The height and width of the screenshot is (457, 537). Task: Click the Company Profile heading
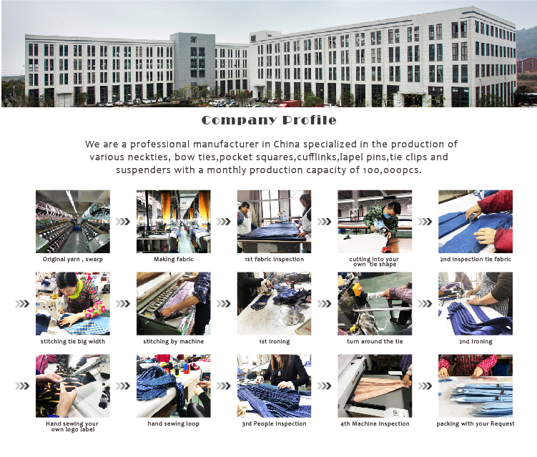269,120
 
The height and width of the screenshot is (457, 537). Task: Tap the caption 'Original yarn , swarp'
73,260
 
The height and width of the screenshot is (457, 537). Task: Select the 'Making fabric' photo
174,222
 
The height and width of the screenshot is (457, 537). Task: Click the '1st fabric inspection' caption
275,260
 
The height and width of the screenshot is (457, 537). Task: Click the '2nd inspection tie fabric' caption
476,260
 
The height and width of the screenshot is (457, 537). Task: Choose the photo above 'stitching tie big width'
73,303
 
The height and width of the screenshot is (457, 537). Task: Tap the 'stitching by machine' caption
174,342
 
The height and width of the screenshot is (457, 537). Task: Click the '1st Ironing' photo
275,303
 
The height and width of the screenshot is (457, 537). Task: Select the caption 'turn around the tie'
375,342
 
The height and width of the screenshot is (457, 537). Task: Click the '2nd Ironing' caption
476,342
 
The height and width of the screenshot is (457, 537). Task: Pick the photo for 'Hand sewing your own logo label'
73,385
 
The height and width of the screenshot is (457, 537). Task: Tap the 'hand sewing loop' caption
174,424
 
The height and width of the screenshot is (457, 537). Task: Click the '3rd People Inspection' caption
275,424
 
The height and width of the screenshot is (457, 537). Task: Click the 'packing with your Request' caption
476,424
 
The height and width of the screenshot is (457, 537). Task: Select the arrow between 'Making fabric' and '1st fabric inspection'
224,222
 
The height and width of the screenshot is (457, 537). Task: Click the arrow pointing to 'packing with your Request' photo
425,386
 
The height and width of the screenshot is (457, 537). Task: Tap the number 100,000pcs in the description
392,170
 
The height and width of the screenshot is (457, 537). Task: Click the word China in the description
286,144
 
